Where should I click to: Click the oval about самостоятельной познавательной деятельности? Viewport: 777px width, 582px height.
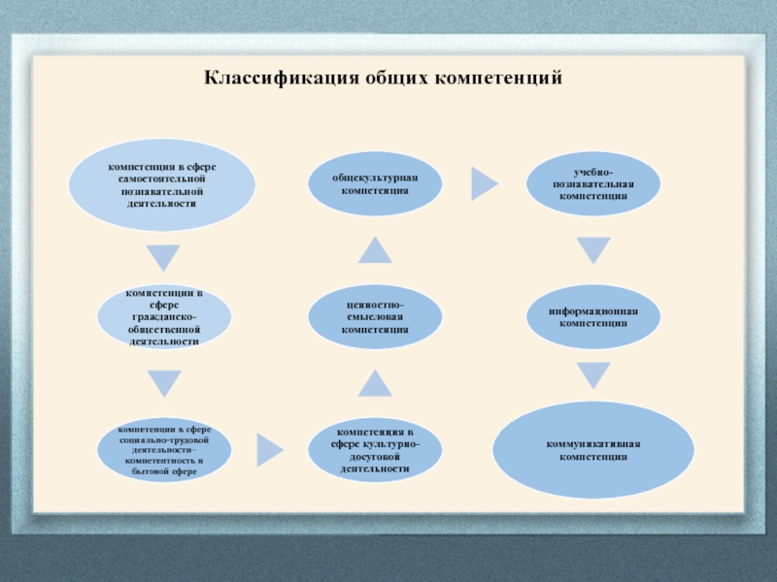click(161, 185)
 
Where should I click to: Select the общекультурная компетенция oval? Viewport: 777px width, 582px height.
click(375, 185)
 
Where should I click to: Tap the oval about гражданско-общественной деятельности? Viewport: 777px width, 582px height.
click(166, 317)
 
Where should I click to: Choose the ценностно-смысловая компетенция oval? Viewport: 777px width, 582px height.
click(375, 317)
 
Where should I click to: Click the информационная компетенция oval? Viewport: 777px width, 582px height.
click(593, 317)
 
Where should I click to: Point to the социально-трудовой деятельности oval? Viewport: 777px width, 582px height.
click(166, 449)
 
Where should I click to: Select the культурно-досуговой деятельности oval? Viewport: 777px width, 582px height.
click(375, 449)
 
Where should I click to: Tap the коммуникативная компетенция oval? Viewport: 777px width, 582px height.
click(593, 449)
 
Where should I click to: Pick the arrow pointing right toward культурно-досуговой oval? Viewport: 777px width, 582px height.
click(269, 448)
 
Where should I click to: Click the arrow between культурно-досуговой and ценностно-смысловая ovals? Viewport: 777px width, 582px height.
click(375, 385)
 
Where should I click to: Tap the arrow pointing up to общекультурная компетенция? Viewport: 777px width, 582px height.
click(375, 251)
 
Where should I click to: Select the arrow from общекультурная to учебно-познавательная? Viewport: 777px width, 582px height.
click(483, 181)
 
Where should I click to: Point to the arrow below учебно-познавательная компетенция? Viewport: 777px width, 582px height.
click(593, 251)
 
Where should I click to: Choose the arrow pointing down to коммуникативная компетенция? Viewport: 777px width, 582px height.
click(593, 375)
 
